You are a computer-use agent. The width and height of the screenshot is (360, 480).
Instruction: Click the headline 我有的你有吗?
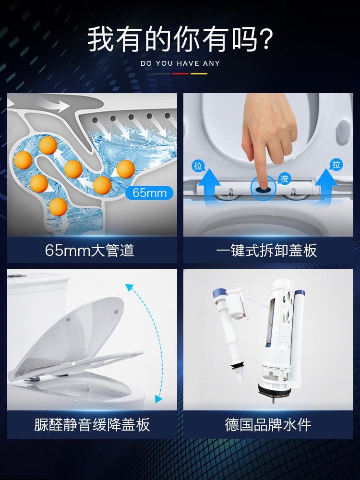tap(180, 39)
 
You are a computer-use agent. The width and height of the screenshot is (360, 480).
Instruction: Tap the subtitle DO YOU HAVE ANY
tap(180, 63)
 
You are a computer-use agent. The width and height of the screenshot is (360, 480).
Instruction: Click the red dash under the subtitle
tap(180, 73)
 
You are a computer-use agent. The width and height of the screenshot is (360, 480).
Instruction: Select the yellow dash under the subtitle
tap(199, 73)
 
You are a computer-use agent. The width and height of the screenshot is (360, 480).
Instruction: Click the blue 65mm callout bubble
tap(149, 193)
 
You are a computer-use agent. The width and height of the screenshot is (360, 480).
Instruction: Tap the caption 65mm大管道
tap(90, 250)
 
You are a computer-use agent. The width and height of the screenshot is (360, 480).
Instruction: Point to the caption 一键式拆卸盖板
tap(266, 250)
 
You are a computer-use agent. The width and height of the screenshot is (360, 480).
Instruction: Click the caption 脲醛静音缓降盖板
tap(92, 425)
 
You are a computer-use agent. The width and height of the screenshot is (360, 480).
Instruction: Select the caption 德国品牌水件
tap(268, 425)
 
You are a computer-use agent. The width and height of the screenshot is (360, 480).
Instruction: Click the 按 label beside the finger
tap(284, 179)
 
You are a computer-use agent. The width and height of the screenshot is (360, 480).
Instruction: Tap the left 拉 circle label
tap(198, 166)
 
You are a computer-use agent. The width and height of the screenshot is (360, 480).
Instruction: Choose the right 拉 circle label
tap(336, 165)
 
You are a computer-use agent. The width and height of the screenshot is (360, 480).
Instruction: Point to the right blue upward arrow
tap(326, 184)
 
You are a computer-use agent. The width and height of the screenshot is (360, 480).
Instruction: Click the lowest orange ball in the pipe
tap(58, 206)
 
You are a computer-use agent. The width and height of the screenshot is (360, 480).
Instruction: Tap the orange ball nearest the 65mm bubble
tap(126, 169)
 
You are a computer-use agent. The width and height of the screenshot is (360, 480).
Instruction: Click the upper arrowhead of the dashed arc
tap(129, 288)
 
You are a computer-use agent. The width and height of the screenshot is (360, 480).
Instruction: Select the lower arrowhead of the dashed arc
tap(158, 398)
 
